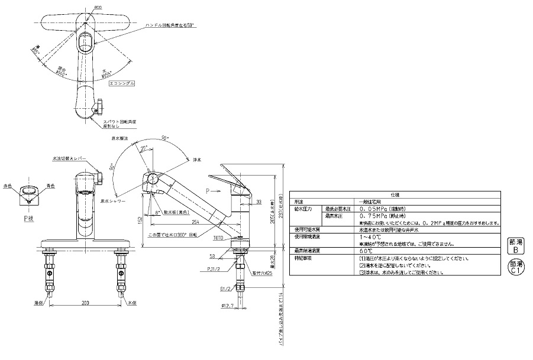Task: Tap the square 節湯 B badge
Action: tap(515, 246)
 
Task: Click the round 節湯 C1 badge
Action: tap(515, 268)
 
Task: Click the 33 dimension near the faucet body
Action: tap(259, 202)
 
